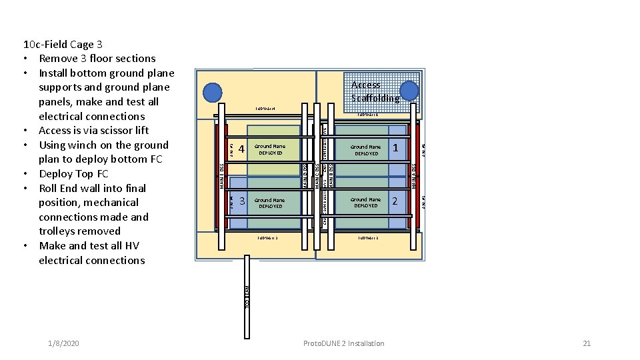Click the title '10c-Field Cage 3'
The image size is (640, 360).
pos(63,45)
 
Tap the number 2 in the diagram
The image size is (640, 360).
pos(396,201)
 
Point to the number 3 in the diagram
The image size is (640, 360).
pos(242,201)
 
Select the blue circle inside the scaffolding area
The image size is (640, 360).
pos(409,91)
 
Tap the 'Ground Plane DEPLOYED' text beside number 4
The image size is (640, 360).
pos(270,149)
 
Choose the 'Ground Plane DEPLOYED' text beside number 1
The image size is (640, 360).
pos(366,150)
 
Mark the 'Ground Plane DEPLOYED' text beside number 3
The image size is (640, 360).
pos(270,203)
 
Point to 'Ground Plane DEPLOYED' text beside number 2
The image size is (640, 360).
pos(366,202)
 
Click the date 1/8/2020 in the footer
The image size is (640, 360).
pos(63,343)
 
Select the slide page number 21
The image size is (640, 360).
pos(587,343)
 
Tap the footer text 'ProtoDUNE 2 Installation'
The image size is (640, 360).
pos(343,343)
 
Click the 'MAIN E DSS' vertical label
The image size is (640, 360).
pos(222,175)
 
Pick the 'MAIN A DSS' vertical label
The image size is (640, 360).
pos(414,175)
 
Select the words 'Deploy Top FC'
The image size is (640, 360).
pos(73,173)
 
